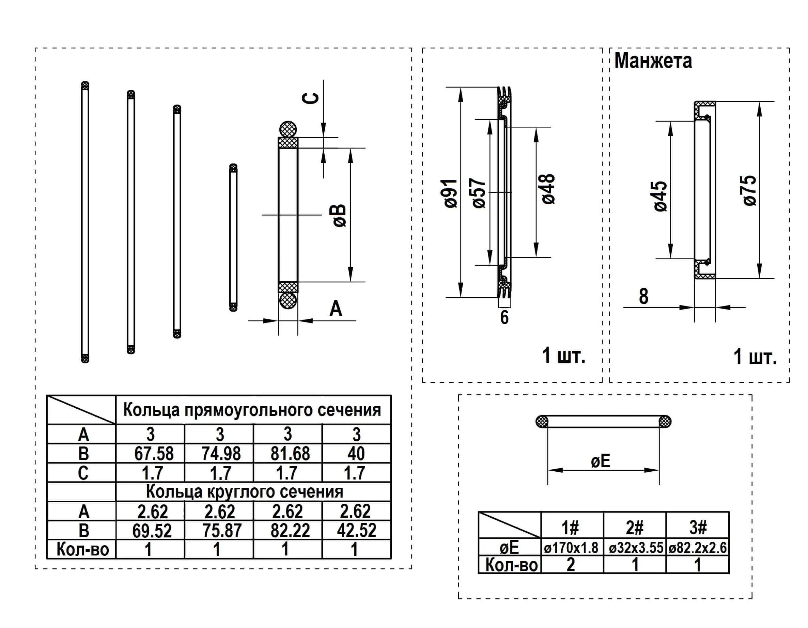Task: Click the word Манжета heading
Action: click(653, 61)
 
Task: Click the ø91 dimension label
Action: click(451, 193)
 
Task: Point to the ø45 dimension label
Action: click(661, 197)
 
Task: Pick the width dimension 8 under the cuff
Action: click(643, 296)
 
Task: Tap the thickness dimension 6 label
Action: click(504, 317)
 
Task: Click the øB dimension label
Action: click(339, 216)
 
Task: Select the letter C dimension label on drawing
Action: click(311, 98)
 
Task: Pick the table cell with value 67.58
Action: click(154, 453)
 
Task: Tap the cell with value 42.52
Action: click(356, 530)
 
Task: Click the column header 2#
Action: click(635, 528)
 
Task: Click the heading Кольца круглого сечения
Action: click(245, 491)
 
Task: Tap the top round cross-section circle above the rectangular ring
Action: click(288, 130)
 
